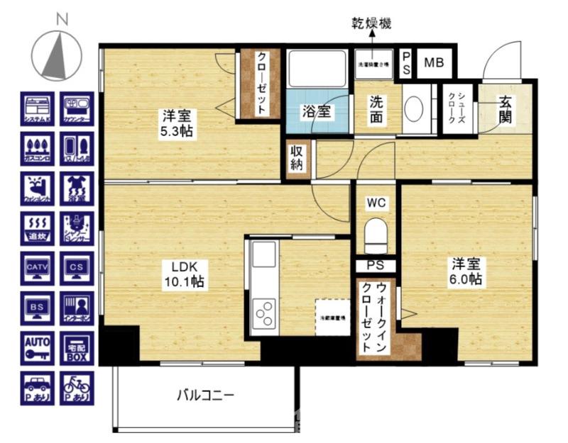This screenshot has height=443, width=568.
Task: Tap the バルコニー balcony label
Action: [205, 396]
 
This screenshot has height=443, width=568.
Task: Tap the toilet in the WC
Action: [374, 234]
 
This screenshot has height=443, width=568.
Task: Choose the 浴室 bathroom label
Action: [316, 112]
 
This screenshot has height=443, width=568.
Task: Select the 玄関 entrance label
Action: [506, 108]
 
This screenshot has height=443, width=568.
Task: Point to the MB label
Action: [434, 62]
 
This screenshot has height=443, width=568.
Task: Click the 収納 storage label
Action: [297, 159]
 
